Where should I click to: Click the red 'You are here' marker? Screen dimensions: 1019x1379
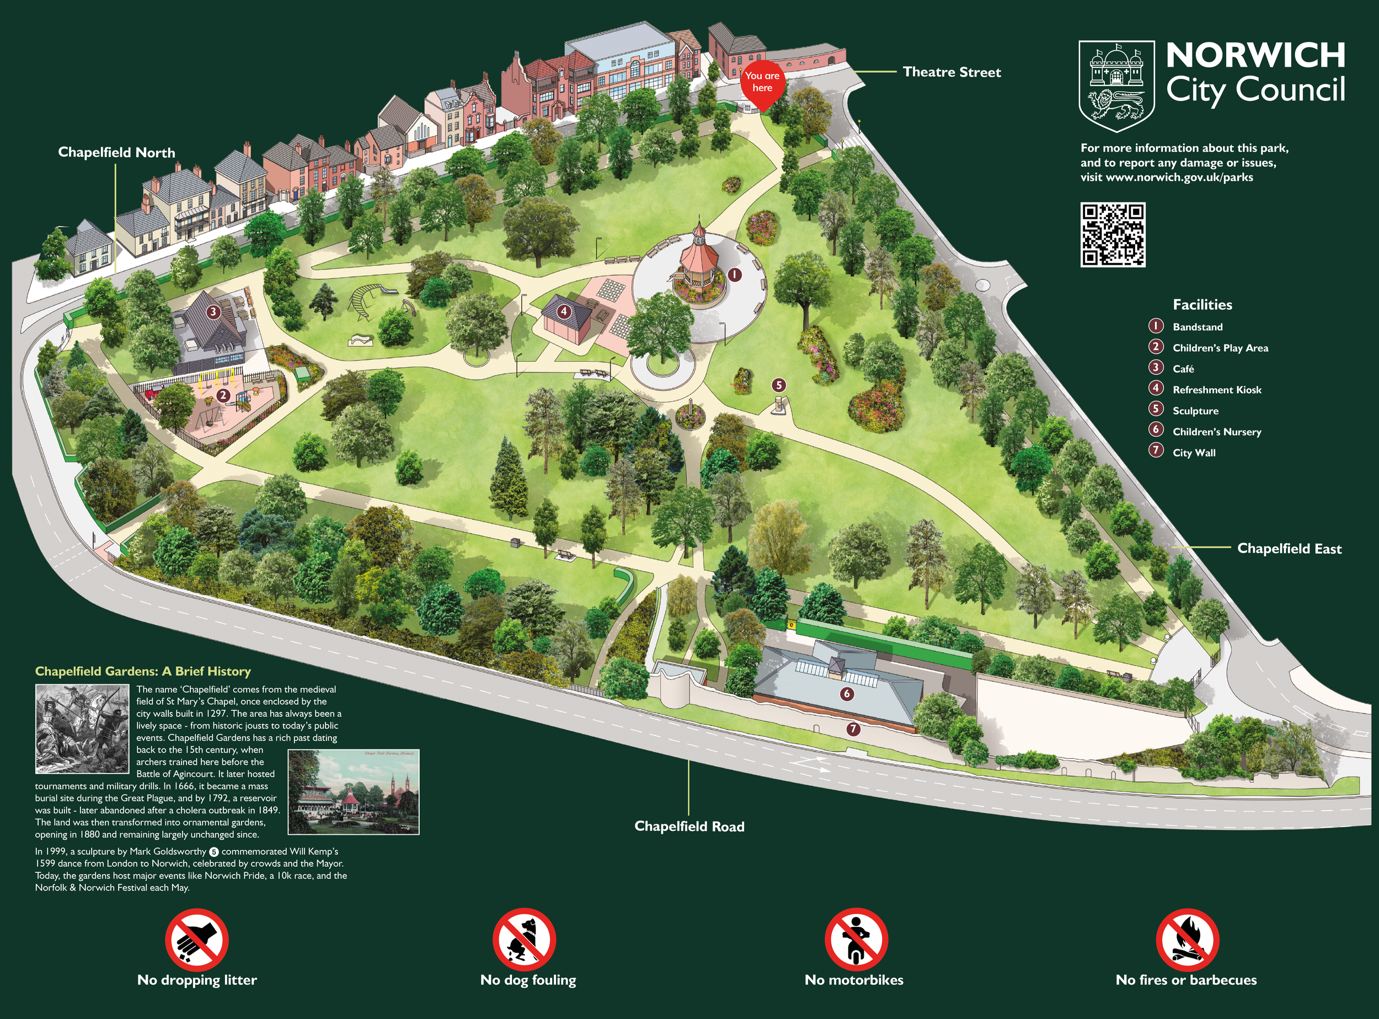tap(762, 83)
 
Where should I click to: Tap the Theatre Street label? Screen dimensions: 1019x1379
tap(952, 72)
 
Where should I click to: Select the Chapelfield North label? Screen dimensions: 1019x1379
tap(116, 152)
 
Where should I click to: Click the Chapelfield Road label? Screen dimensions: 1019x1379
tap(689, 827)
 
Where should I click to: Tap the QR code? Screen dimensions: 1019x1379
tap(1113, 235)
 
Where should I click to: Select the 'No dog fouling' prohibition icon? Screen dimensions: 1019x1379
tap(524, 940)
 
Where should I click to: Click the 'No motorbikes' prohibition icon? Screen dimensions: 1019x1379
tap(856, 940)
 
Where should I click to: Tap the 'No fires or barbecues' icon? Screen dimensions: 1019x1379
tap(1187, 940)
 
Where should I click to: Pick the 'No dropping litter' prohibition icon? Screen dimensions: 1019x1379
tap(197, 940)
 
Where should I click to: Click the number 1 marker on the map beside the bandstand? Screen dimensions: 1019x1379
tap(734, 275)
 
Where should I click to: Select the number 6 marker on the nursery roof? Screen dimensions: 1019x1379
tap(847, 694)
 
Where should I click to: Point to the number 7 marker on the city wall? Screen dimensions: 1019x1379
tap(853, 729)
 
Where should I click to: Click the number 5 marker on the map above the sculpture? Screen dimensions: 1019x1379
tap(779, 385)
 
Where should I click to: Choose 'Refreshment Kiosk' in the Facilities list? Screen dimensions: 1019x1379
tap(1216, 390)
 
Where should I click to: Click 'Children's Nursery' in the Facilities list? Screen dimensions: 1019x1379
tap(1216, 432)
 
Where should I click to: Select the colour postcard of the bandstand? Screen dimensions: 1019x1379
tap(354, 792)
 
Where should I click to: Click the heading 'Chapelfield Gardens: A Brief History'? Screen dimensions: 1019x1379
tap(143, 671)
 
